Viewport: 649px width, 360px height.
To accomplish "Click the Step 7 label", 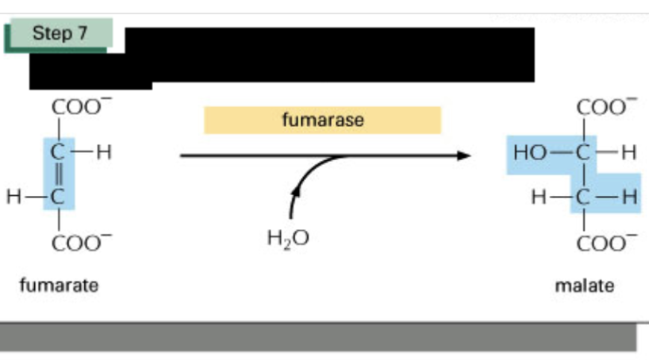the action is (x=60, y=33).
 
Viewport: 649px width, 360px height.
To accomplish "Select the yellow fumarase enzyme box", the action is (x=322, y=120).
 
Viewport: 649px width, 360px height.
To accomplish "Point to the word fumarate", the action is (x=60, y=285).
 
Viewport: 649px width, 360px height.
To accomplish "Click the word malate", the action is (x=585, y=286).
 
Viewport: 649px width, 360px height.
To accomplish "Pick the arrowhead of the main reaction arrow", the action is (x=464, y=155).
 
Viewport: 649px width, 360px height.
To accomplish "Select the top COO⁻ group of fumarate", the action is (x=82, y=107).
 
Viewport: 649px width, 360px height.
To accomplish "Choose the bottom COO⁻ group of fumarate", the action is (x=82, y=243).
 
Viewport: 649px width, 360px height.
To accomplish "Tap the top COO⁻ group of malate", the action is (x=607, y=107).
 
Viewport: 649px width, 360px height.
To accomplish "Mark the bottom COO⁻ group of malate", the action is (x=607, y=243).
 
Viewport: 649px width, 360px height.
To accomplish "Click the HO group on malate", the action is (x=530, y=153).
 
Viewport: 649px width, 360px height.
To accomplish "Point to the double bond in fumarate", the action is (x=59, y=174).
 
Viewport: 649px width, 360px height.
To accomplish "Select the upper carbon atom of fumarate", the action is (x=58, y=152).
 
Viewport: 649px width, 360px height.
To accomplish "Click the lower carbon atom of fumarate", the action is (x=58, y=197).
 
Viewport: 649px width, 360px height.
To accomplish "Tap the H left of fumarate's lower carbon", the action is (x=13, y=196).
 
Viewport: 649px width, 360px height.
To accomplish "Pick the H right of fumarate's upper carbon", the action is (x=104, y=152).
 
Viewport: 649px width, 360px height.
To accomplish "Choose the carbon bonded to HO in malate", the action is (x=583, y=153).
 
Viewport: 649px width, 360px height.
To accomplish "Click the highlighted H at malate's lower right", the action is (x=630, y=197).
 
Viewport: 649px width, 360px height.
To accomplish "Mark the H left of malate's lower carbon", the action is (x=539, y=197).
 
